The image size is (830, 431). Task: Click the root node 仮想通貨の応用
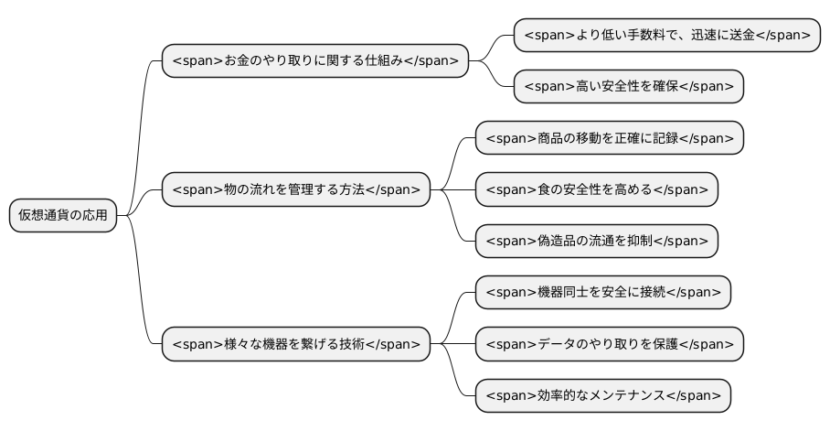tap(63, 216)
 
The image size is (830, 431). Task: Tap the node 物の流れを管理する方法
tap(295, 190)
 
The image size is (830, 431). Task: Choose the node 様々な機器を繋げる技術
tap(295, 345)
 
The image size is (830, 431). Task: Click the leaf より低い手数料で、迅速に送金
tap(666, 35)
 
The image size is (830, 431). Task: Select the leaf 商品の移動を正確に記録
tap(609, 138)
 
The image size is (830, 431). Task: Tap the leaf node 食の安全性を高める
tap(596, 190)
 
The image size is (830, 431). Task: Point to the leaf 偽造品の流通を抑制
tap(596, 242)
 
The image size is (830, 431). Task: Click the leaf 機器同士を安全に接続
tap(602, 293)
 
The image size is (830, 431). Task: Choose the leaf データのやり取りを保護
tap(609, 345)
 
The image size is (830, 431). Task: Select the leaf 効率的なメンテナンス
tap(602, 396)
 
